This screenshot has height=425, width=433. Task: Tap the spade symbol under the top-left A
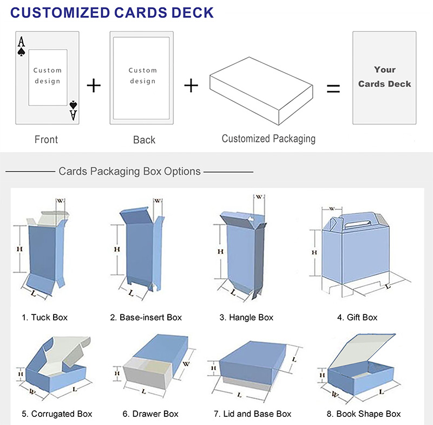(x=21, y=52)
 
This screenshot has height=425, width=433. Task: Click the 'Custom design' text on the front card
(x=48, y=76)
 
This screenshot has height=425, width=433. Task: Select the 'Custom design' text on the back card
(x=142, y=76)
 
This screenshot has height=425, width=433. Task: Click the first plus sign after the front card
(x=94, y=85)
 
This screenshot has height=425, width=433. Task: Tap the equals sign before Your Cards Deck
(x=333, y=88)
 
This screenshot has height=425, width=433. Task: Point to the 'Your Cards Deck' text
(x=385, y=77)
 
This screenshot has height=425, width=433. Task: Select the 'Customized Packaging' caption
(x=268, y=139)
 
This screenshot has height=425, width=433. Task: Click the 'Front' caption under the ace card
(x=46, y=140)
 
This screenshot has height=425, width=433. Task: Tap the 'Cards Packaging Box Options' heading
(x=130, y=171)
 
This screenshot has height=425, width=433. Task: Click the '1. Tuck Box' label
(x=45, y=317)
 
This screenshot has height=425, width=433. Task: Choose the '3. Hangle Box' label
(x=246, y=317)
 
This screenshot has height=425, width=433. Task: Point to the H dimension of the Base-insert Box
(x=116, y=249)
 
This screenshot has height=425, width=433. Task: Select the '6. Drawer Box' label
(x=150, y=414)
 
